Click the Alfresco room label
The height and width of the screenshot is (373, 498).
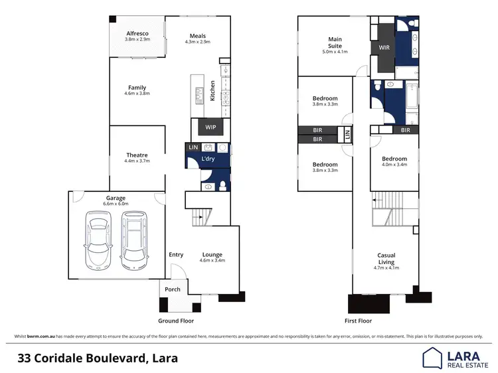137,33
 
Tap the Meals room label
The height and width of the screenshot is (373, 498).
197,36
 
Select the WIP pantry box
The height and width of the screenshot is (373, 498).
210,126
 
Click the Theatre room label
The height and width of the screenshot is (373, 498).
137,156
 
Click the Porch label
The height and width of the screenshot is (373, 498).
173,289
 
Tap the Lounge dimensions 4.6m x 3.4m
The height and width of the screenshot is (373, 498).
212,261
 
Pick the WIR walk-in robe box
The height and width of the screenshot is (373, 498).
384,48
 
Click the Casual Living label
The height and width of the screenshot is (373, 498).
386,259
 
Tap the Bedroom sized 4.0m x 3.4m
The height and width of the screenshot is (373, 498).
394,160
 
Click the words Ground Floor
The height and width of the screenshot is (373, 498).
176,320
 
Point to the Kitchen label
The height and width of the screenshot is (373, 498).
212,90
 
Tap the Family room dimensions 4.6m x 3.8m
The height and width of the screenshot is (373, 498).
137,94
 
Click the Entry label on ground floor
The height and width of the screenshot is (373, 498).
176,255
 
